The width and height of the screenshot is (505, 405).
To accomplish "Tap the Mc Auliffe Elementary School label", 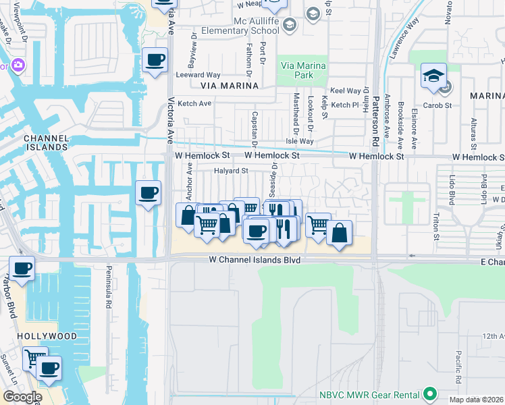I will (255, 26).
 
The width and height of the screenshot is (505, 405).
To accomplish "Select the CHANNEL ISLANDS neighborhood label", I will (45, 142).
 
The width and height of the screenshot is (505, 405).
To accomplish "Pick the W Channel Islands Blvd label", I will (253, 259).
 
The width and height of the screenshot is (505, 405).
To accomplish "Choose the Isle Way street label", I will (300, 141).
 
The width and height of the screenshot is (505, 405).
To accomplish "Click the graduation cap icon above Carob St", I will (433, 76).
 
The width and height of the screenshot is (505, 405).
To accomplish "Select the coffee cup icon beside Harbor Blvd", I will (22, 269).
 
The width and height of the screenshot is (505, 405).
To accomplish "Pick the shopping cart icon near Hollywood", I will (34, 358).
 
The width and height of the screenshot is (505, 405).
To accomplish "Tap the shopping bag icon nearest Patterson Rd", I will (339, 233).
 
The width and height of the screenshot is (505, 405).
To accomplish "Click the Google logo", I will (22, 396).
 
